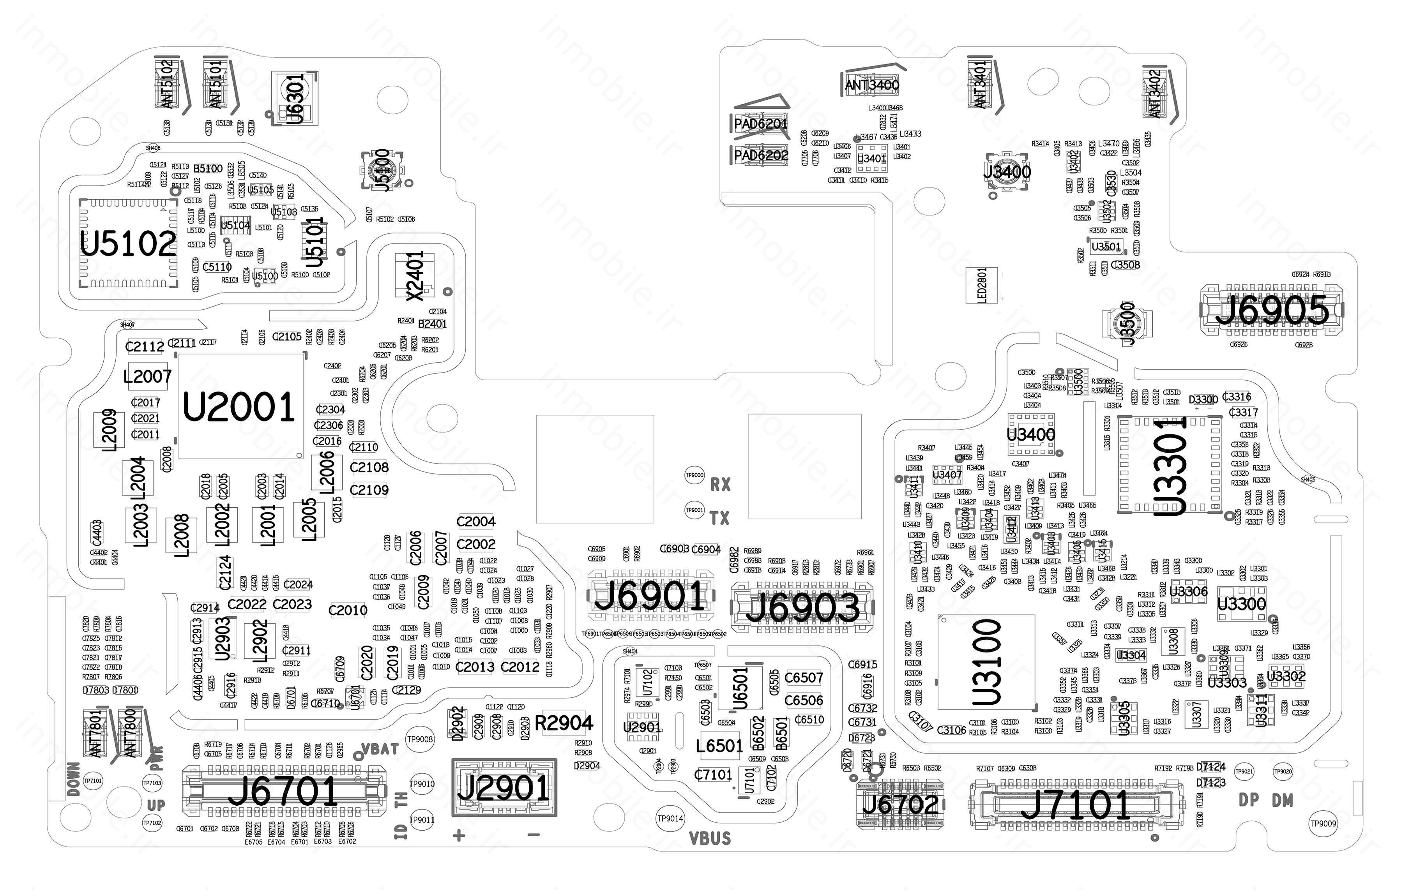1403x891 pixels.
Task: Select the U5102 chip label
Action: point(128,243)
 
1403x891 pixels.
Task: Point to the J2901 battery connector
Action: point(504,788)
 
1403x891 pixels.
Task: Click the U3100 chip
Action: point(986,662)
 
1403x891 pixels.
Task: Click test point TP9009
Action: point(1323,824)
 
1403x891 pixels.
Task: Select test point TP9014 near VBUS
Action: point(670,818)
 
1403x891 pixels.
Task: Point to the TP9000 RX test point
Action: point(694,475)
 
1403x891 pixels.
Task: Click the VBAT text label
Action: point(380,749)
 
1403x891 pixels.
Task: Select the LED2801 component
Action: point(982,285)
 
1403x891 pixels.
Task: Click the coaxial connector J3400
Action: point(1006,172)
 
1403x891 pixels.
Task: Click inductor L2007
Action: point(147,377)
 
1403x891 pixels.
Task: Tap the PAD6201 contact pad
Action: point(760,124)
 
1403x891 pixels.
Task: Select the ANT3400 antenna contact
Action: point(872,85)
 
